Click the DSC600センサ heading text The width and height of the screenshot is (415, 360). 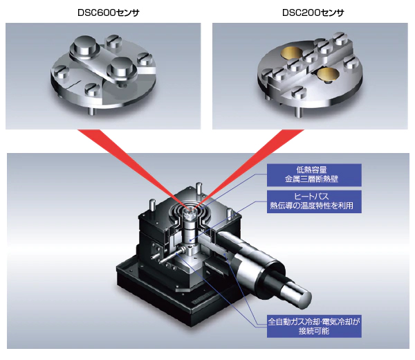[109, 12]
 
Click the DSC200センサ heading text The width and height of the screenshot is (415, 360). [313, 12]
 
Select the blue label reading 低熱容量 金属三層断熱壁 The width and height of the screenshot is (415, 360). [314, 175]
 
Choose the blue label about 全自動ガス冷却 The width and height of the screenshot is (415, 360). [314, 326]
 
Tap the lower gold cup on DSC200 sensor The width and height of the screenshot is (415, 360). [328, 73]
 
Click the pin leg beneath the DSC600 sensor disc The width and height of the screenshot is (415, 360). [91, 111]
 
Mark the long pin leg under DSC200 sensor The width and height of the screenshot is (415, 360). [298, 112]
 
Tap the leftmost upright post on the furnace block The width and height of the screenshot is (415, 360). [152, 206]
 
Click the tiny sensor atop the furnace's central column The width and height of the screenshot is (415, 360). [191, 214]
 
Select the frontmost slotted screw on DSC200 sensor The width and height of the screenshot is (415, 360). [299, 91]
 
